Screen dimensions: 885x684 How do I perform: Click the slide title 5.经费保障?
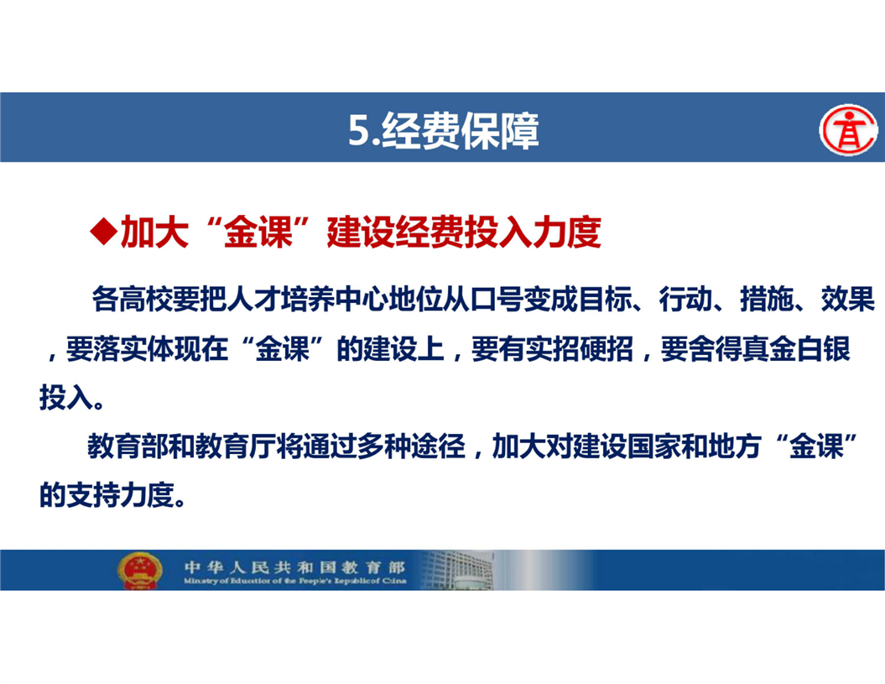[x=443, y=130]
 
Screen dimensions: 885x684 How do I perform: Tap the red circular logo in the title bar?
[x=848, y=129]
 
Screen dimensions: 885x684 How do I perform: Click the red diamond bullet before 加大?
[x=104, y=232]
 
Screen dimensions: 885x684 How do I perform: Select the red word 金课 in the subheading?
[x=258, y=232]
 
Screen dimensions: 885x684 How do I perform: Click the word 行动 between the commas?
[x=685, y=299]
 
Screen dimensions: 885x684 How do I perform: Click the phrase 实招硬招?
[x=579, y=348]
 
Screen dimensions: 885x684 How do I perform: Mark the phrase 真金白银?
[x=796, y=348]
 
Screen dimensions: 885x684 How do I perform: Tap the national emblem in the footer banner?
[x=140, y=571]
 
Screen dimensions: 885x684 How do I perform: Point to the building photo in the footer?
[x=457, y=570]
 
